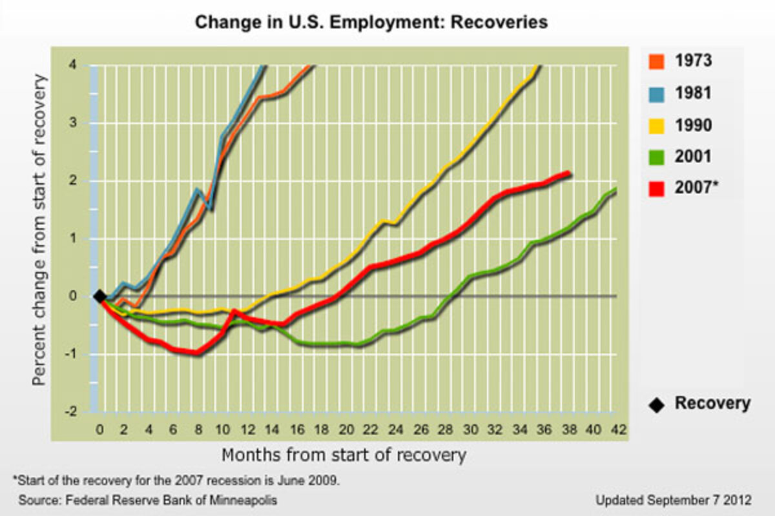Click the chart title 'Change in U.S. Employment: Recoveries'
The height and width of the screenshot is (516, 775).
(371, 23)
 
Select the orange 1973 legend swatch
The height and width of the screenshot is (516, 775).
(657, 61)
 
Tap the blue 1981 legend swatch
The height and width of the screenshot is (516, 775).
(657, 93)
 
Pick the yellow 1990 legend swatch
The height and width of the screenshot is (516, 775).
(657, 124)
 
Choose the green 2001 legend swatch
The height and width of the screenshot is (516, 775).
(657, 157)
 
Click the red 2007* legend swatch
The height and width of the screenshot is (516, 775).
(657, 188)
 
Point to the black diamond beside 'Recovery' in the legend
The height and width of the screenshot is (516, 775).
(657, 405)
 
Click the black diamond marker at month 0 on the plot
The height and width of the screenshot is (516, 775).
(99, 296)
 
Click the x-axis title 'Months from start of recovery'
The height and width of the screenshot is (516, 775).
(344, 455)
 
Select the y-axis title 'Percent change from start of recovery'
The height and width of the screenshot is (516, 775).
(40, 230)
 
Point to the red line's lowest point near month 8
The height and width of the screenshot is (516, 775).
(198, 353)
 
